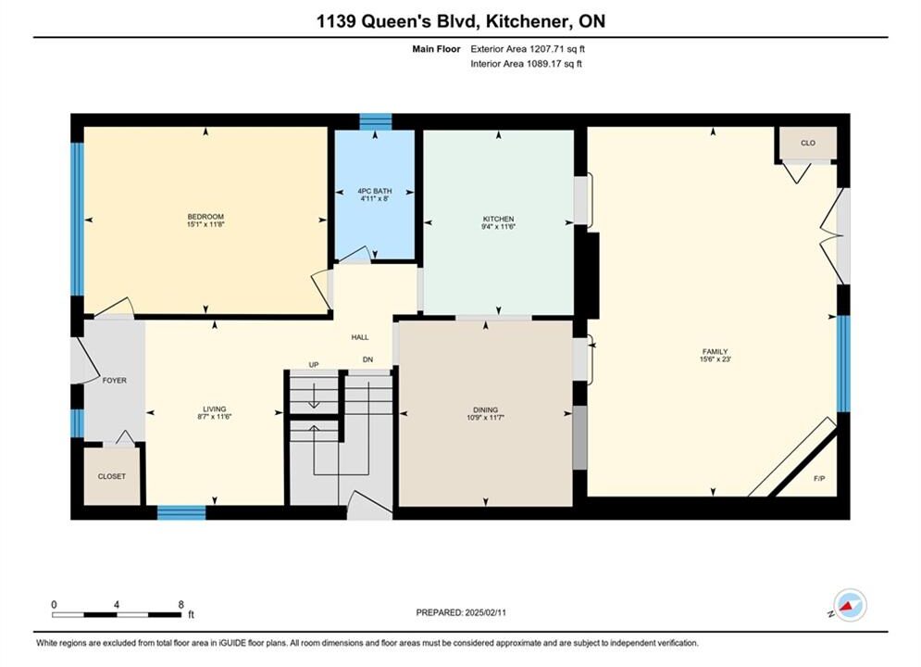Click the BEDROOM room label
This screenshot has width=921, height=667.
tap(205, 216)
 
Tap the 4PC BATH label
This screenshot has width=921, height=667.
tap(375, 191)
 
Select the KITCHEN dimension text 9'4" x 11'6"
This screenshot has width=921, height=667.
tap(498, 226)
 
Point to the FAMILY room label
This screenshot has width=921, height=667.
tap(715, 351)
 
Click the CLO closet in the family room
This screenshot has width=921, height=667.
tap(808, 143)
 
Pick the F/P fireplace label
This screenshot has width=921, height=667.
tap(819, 478)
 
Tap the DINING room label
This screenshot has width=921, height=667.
tap(486, 409)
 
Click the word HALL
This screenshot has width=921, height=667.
tap(360, 336)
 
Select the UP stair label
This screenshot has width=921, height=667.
tap(314, 365)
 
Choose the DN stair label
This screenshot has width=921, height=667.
tap(367, 359)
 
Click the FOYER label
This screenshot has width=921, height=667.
tap(115, 380)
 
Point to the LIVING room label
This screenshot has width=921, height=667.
tap(215, 409)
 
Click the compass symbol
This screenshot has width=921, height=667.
tap(850, 605)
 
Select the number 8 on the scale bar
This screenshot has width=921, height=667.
tap(180, 604)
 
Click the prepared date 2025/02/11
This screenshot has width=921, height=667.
tap(485, 612)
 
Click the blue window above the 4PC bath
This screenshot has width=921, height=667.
tap(375, 121)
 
